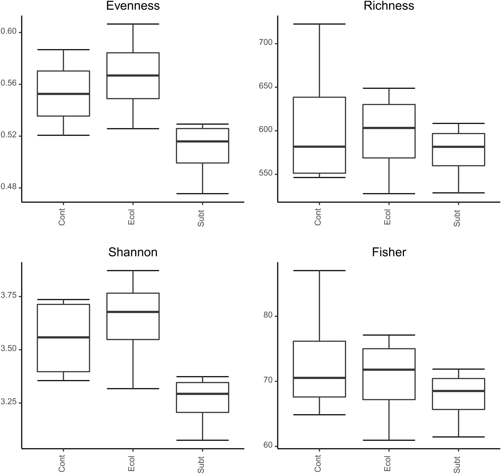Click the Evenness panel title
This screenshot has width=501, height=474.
(133, 5)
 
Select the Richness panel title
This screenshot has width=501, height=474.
(389, 5)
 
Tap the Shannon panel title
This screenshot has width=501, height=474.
(133, 252)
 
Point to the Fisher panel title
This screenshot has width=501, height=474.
(389, 252)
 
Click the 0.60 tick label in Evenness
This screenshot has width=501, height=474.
(8, 31)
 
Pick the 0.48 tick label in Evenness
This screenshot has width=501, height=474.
(8, 187)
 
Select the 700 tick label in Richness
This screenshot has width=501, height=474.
(266, 42)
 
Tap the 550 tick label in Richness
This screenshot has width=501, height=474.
(266, 173)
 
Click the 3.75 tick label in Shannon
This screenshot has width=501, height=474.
(8, 295)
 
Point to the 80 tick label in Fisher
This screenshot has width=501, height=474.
(268, 315)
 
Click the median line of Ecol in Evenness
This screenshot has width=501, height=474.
(133, 75)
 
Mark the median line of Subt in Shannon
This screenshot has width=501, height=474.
(202, 394)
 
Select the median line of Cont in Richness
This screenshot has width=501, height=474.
(319, 147)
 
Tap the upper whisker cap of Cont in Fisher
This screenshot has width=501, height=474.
(319, 271)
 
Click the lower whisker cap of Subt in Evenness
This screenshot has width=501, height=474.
(202, 193)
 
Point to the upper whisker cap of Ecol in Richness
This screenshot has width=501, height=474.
(389, 88)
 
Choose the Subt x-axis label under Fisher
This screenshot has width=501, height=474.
(457, 465)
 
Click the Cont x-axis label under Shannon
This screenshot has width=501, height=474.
(62, 463)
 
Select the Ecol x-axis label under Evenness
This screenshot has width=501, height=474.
(131, 217)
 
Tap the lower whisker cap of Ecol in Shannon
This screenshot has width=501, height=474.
(133, 389)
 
